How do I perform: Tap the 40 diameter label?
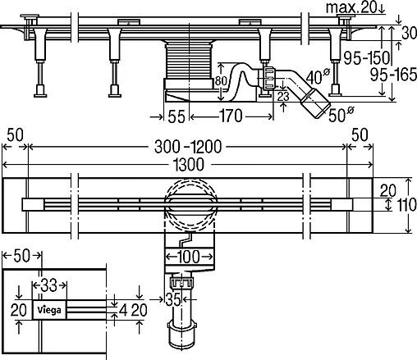coord(317,78)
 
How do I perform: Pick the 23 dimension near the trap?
coord(282,96)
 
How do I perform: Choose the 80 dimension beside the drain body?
coord(218,82)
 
